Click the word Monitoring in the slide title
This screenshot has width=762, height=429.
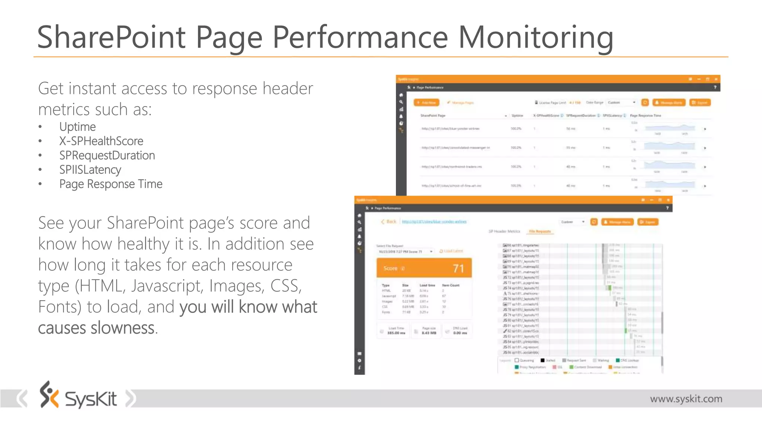[x=535, y=37]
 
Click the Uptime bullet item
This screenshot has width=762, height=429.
[x=77, y=127]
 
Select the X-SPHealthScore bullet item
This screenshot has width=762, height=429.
[x=101, y=141]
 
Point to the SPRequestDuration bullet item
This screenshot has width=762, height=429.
[x=107, y=155]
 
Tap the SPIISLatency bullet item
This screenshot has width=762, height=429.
[x=90, y=170]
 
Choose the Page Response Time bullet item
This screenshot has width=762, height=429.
[x=111, y=184]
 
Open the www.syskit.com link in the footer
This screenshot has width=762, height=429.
[x=686, y=399]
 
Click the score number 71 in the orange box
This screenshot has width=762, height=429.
[x=458, y=268]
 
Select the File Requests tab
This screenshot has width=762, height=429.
[x=540, y=232]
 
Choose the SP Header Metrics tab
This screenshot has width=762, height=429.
[x=504, y=232]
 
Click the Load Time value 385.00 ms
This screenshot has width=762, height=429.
[x=396, y=333]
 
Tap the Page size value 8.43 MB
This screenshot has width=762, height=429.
[x=429, y=333]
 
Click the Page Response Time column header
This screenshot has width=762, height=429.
[x=645, y=116]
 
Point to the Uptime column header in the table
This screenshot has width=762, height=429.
[x=517, y=116]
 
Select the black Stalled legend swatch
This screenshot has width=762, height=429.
[x=542, y=360]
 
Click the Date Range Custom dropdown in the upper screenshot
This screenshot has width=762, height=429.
[x=622, y=102]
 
